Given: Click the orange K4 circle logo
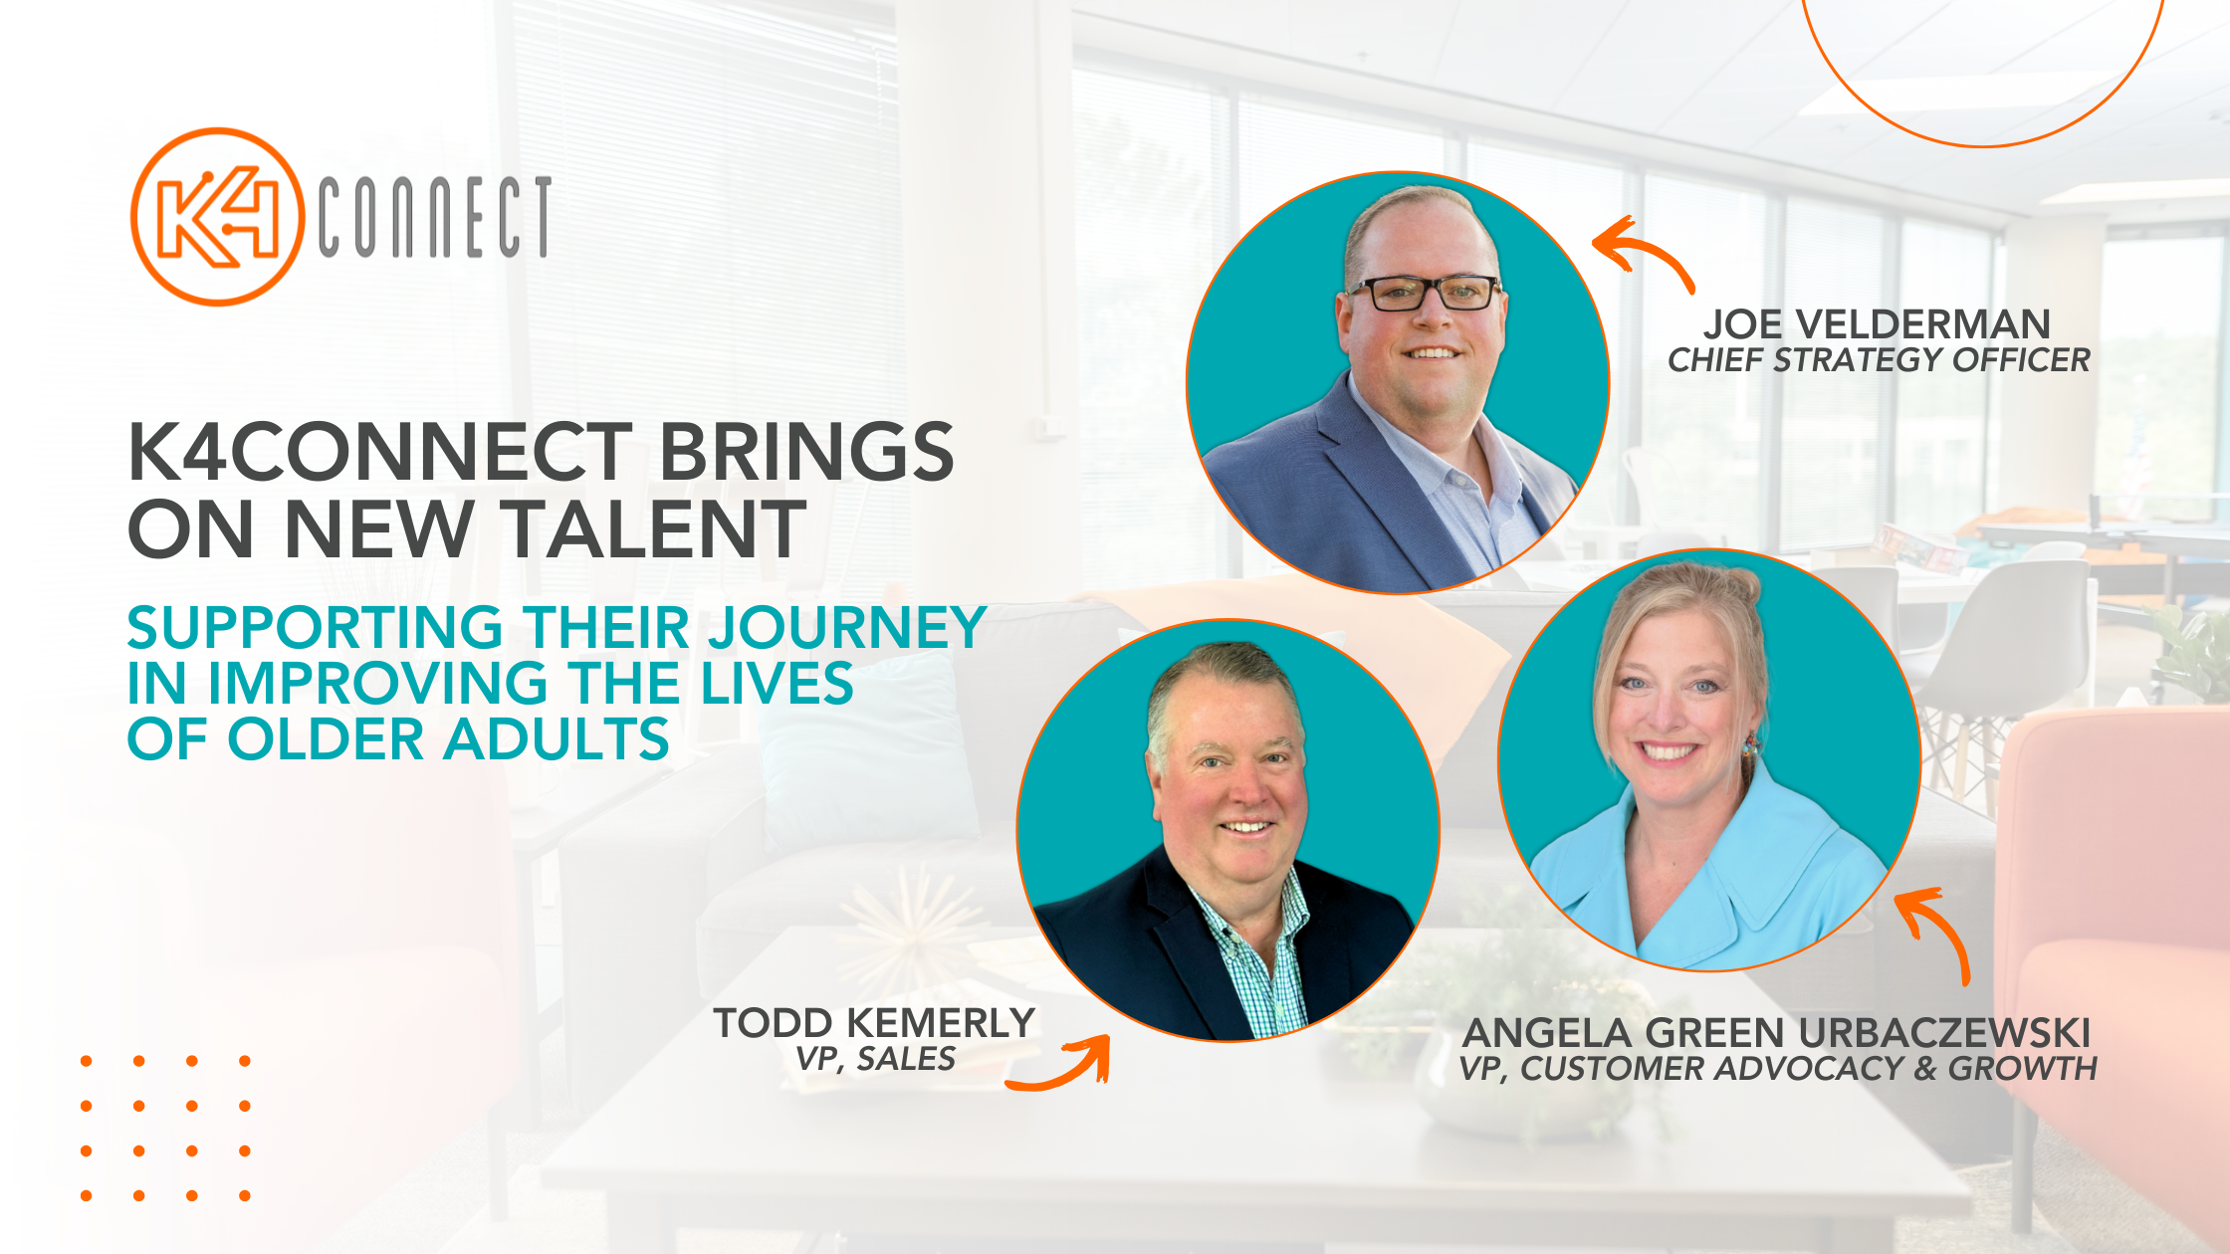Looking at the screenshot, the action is [x=217, y=216].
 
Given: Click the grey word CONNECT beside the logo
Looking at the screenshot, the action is [x=435, y=217].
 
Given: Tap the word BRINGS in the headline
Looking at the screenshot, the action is [x=806, y=452].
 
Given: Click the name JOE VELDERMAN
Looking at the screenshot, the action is [x=1877, y=324].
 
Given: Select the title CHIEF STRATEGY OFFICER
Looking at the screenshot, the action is [x=1879, y=360].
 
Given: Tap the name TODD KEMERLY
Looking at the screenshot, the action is [x=874, y=1023].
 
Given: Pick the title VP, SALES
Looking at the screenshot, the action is [x=876, y=1059].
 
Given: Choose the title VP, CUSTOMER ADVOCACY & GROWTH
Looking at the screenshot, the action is [x=1778, y=1069].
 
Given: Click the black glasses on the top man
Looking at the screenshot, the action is [x=1425, y=293].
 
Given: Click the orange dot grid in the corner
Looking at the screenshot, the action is [x=165, y=1129].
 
